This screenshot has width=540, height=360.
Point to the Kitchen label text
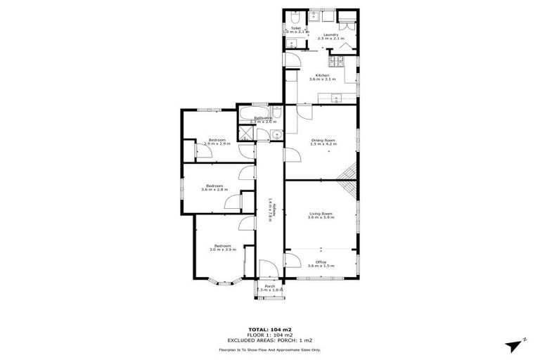pos(322,75)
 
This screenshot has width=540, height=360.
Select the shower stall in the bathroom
pos(247,134)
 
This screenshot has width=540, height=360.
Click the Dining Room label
pos(323,139)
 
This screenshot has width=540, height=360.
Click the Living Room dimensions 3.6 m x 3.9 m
pos(321,218)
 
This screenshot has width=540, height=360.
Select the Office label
pos(321,262)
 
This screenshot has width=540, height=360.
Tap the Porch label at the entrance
pos(269,285)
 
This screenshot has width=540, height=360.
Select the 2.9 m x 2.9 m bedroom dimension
pos(217,143)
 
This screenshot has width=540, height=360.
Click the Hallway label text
pos(269,210)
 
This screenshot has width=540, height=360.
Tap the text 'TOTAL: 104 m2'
pos(269,329)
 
